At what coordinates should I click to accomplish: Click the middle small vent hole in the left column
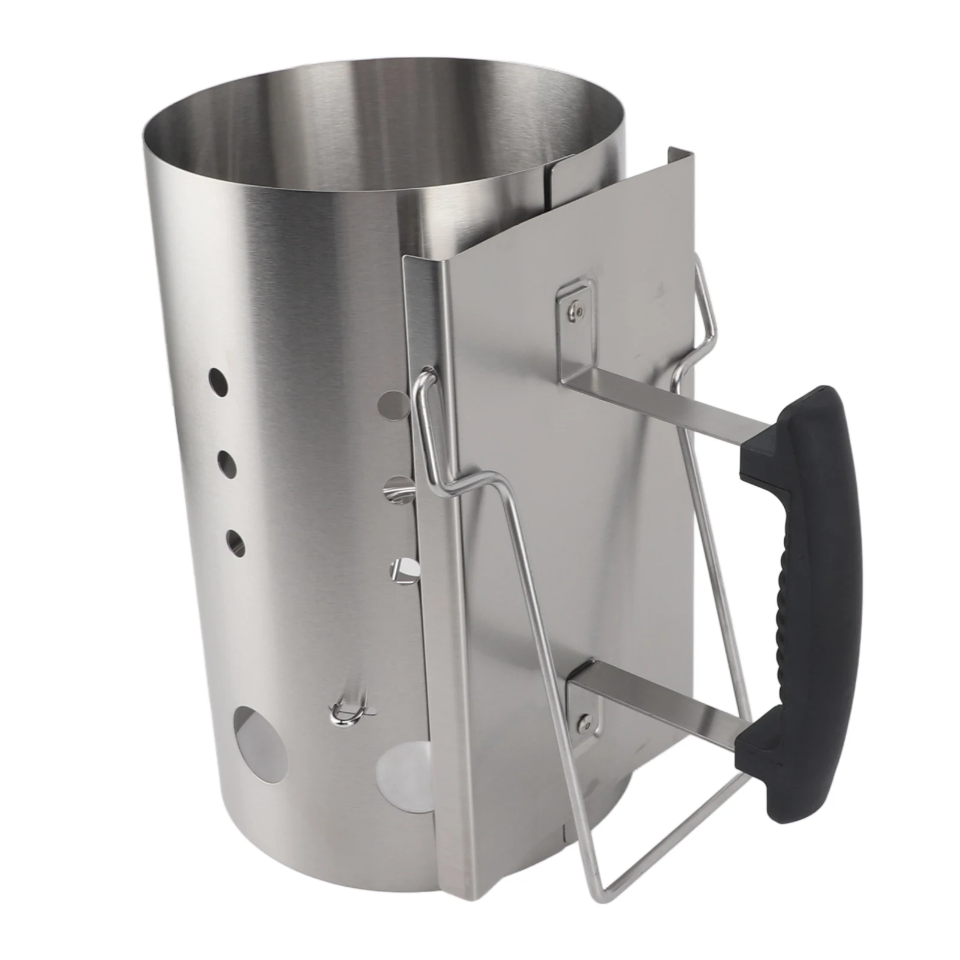coord(226,462)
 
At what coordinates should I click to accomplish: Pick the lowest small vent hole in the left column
coord(235,542)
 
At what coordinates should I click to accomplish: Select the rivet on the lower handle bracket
coord(582,725)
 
